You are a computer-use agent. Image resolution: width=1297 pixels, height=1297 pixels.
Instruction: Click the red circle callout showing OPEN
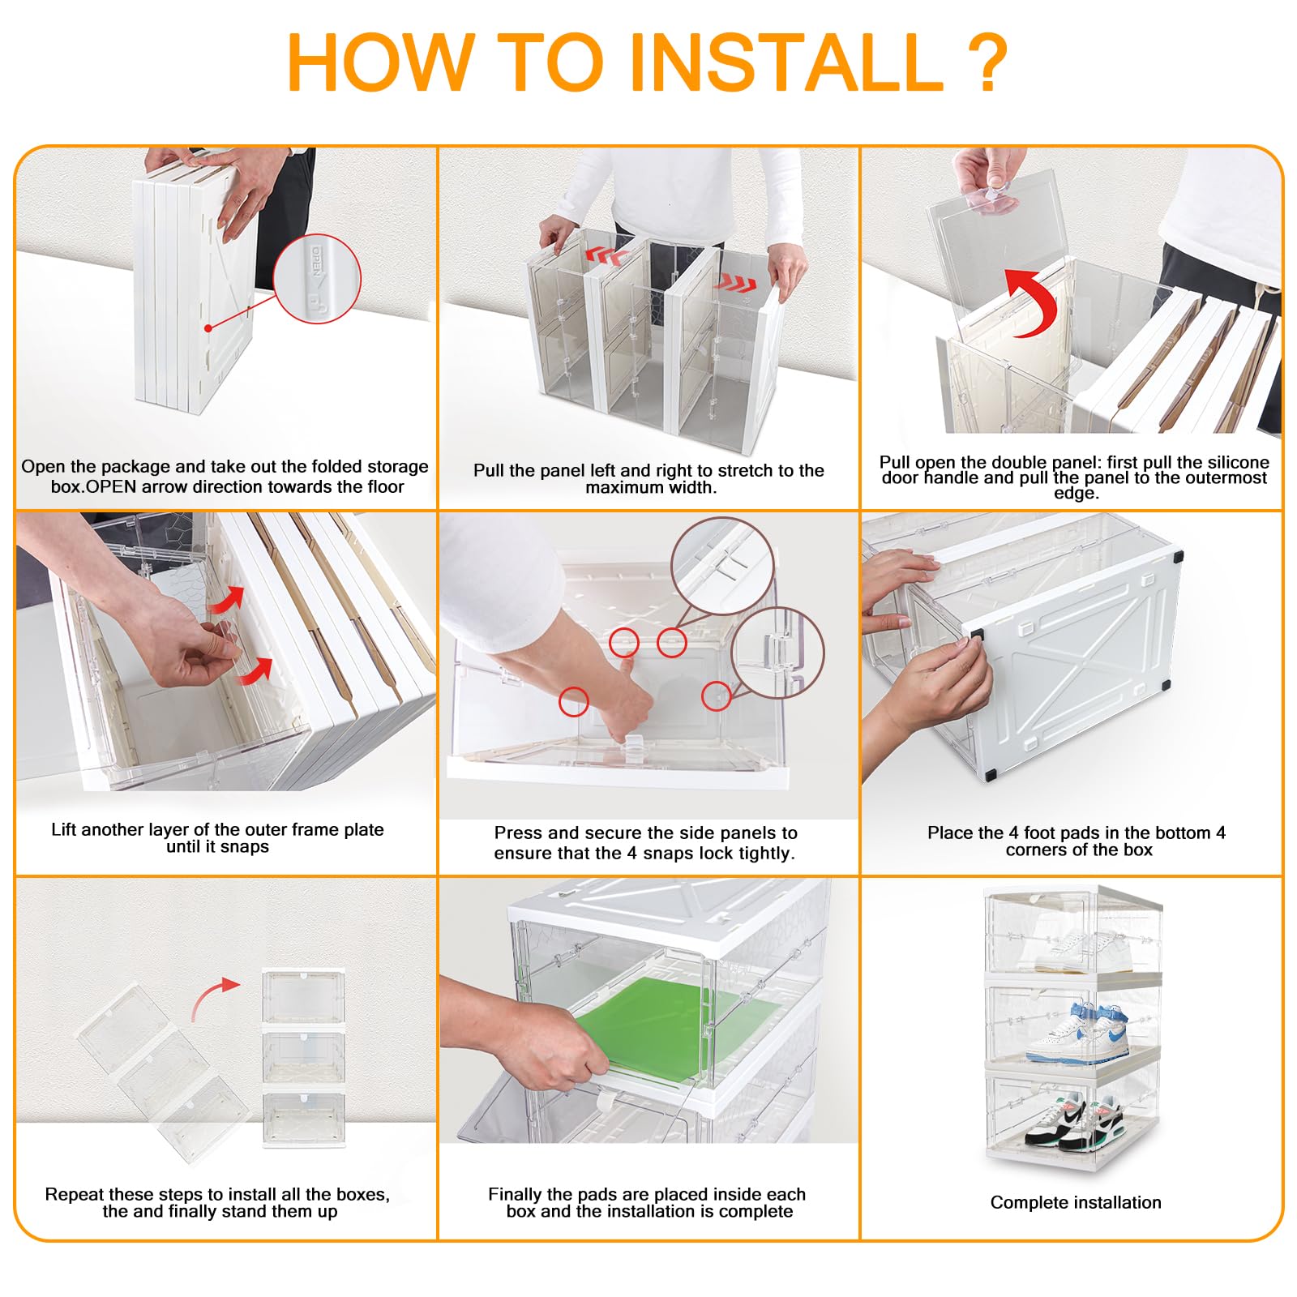317,279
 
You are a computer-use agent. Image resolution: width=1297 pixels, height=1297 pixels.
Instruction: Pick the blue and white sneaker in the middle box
1077,1033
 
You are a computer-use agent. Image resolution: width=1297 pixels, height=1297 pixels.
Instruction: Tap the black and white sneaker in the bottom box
1075,1119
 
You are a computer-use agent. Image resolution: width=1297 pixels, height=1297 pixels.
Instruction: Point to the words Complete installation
1076,1202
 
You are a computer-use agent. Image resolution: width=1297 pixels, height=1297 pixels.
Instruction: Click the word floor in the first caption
385,486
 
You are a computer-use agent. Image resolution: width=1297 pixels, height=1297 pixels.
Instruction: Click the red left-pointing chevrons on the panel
607,257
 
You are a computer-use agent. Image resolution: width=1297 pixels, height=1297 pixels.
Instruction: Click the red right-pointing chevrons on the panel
735,285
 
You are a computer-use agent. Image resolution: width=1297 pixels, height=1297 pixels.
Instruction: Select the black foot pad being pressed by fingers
975,638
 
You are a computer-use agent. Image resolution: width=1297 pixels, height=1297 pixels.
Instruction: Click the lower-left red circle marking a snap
573,701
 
